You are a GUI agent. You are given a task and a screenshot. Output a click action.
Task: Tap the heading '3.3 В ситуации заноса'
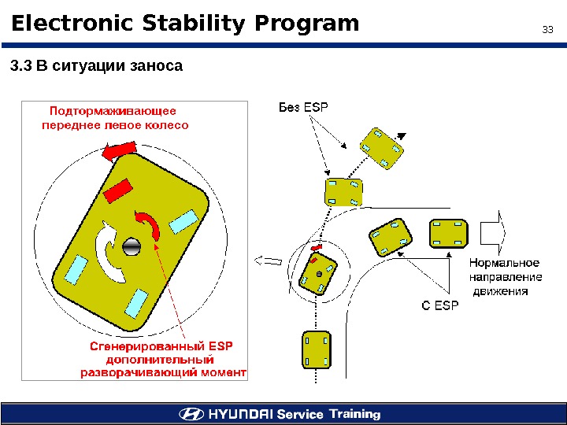point(96,66)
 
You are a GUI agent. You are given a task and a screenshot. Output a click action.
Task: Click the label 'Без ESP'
point(303,108)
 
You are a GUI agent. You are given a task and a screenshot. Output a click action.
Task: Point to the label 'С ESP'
point(439,305)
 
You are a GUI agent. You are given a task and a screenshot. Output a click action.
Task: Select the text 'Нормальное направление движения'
point(505,276)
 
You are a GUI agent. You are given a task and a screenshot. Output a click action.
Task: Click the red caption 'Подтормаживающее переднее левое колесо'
point(114,117)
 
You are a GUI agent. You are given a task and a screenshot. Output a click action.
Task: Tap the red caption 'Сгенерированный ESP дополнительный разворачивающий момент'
point(164,359)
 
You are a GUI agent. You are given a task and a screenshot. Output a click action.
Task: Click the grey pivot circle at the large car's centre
point(132,246)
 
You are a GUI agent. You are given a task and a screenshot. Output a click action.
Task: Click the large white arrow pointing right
point(494,232)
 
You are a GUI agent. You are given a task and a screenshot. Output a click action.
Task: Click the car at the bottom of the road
point(316,349)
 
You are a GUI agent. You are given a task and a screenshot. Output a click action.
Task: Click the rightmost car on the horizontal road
point(450,233)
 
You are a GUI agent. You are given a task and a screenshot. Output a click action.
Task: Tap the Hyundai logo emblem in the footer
point(192,414)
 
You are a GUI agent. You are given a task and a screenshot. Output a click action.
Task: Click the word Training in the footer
point(354,414)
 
